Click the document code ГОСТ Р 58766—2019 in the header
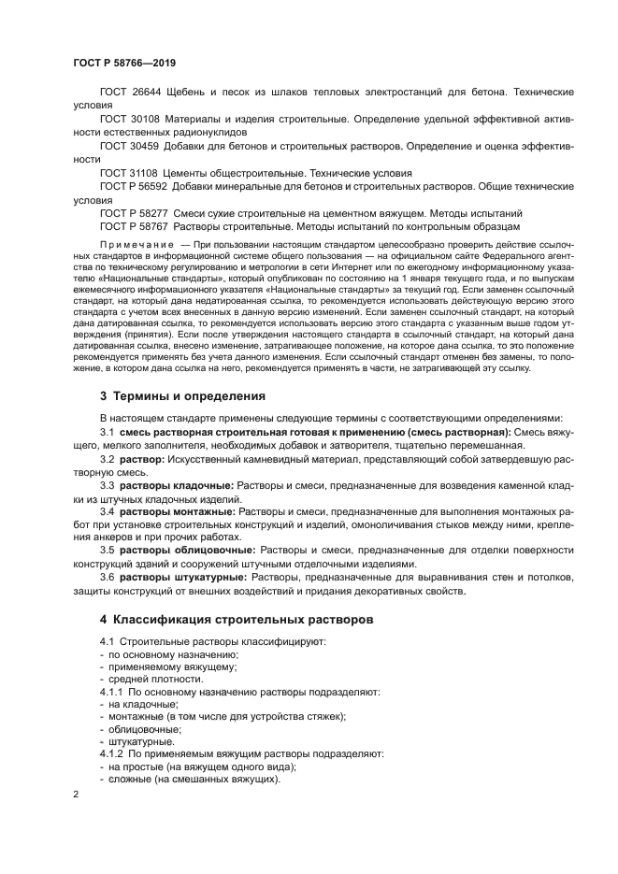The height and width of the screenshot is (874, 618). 123,63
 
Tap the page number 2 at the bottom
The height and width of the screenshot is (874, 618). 77,794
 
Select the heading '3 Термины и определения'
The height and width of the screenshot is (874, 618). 182,395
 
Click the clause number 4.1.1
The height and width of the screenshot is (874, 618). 111,693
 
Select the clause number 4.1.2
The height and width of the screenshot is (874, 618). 111,753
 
